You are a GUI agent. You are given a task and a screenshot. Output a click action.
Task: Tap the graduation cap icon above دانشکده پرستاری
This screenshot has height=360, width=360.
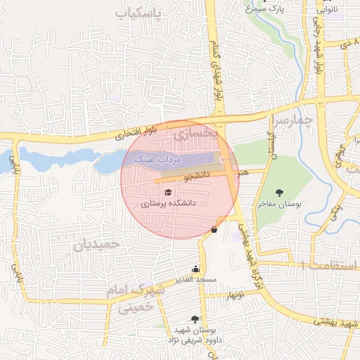167,192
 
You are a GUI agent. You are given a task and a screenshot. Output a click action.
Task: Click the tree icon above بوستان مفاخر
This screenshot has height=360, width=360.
280,192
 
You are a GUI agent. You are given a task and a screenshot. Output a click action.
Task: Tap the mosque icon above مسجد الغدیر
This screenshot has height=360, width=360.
195,269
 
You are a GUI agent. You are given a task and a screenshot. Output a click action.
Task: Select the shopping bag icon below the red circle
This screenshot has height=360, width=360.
214,229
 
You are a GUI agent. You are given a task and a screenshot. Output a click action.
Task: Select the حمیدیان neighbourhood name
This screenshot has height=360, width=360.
98,244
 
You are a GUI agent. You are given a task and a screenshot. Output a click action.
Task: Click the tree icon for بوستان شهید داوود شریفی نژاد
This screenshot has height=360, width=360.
194,319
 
